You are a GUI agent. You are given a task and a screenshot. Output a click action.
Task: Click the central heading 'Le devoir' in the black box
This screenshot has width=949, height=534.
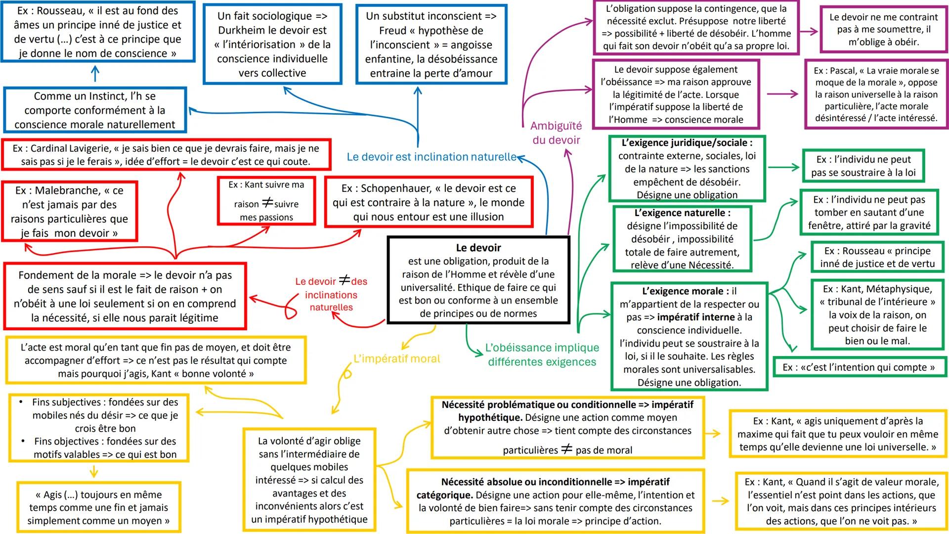(x=478, y=248)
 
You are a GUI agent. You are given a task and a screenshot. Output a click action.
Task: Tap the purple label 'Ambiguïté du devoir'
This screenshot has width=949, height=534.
(x=556, y=133)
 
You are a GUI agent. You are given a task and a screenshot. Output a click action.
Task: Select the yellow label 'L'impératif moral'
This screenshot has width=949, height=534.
(x=396, y=358)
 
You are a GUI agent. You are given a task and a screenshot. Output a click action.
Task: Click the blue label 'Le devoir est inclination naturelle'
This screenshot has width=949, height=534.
(x=431, y=157)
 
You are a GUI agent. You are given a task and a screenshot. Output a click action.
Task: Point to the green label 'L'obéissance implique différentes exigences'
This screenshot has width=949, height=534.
(x=542, y=355)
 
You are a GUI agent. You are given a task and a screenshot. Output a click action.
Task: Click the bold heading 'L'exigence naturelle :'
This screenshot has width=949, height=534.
(x=682, y=213)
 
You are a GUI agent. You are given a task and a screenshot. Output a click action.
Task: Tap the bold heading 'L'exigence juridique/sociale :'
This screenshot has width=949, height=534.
(x=687, y=143)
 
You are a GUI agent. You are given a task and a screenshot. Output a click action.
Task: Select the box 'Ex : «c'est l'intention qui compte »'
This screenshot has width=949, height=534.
(x=859, y=367)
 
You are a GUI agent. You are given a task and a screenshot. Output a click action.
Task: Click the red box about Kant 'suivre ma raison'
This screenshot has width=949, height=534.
(x=266, y=201)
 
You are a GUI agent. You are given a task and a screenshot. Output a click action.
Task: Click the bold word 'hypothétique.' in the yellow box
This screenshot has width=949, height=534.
(x=489, y=417)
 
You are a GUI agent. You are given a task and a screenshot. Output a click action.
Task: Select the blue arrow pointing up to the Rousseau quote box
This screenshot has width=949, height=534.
(x=95, y=74)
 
